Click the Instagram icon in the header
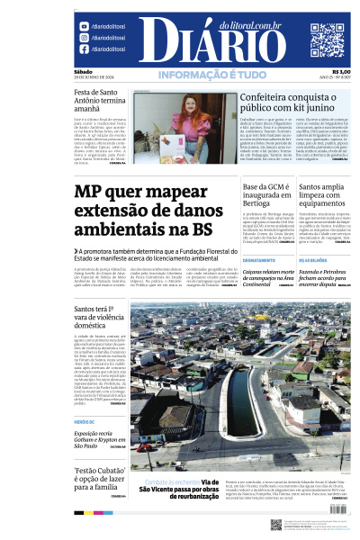pos(84,27)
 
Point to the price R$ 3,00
pos(341,72)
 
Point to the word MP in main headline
pos(93,194)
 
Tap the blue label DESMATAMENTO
pos(258,259)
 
